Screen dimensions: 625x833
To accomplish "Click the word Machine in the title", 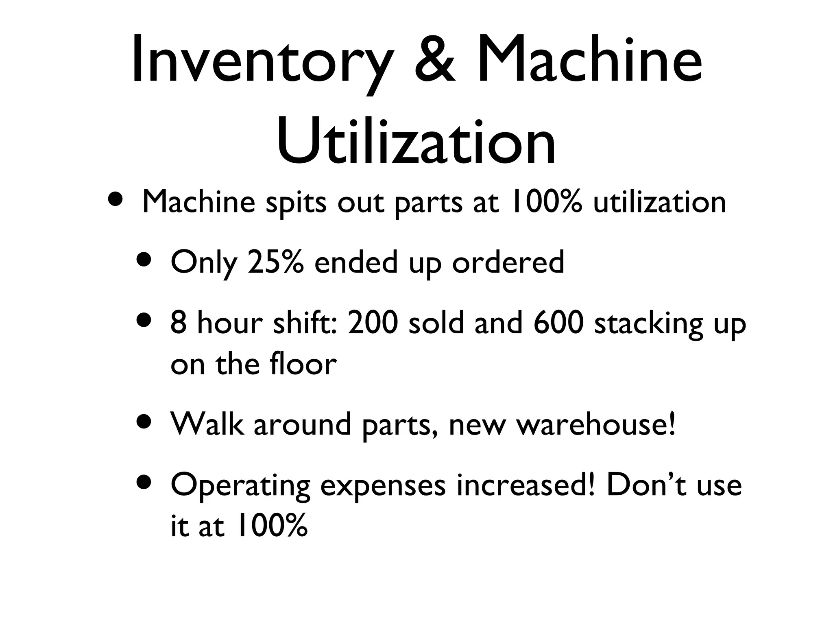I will [x=590, y=61].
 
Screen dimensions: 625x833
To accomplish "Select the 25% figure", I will [x=275, y=262].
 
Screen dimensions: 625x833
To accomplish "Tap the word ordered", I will [x=508, y=262].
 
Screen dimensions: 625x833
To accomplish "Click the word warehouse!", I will [x=595, y=424].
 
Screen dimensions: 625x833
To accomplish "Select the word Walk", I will [x=207, y=424].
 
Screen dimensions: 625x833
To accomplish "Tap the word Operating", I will [x=240, y=486].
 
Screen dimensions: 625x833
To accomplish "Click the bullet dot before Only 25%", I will [x=144, y=260].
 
